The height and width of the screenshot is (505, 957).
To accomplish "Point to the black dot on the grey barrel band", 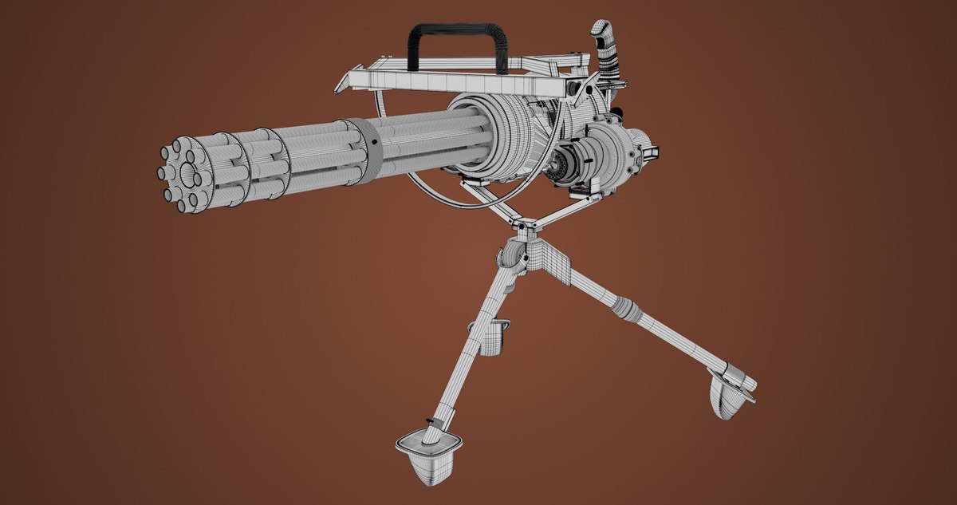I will coord(372,144).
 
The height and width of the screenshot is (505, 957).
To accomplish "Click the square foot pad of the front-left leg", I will coord(429,452).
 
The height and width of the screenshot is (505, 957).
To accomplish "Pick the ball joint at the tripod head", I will coord(511,258).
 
